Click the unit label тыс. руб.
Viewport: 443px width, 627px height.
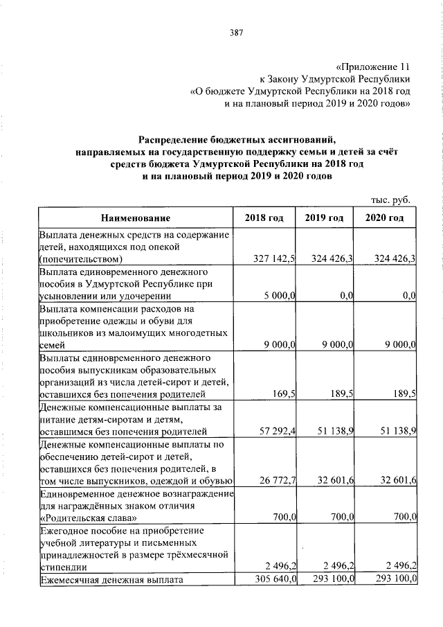[392, 200]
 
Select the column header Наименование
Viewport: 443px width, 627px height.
[136, 218]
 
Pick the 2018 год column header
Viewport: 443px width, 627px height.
[264, 218]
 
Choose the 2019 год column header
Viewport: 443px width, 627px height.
[325, 218]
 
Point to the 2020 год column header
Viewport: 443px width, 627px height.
[385, 218]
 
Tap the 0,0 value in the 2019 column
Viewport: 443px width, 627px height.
[348, 296]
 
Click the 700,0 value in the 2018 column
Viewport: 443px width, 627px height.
[284, 518]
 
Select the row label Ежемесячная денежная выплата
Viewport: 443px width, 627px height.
[111, 579]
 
